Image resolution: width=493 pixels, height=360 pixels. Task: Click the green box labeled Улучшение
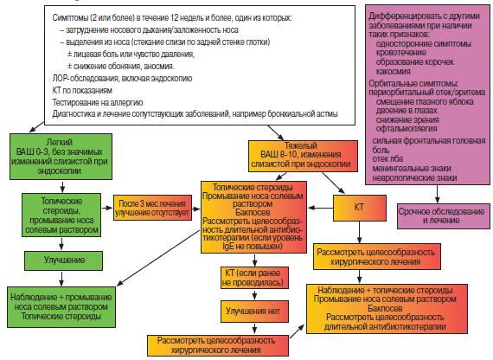[x=63, y=260]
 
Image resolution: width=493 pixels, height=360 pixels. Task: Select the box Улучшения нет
[x=254, y=312]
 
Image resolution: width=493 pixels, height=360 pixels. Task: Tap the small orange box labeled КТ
[x=360, y=208]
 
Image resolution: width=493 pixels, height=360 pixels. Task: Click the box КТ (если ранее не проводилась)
[x=254, y=278]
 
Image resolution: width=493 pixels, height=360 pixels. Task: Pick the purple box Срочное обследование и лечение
[x=444, y=215]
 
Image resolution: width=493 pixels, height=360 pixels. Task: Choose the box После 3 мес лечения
[x=152, y=208]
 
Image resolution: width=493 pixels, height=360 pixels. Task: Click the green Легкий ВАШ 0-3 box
[x=61, y=157]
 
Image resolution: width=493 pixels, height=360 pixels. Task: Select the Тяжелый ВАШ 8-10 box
[x=303, y=156]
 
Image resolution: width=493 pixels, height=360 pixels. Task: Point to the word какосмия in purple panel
[x=394, y=72]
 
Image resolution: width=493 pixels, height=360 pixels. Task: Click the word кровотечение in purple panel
[x=401, y=53]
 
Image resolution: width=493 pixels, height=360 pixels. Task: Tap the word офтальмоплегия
[x=407, y=129]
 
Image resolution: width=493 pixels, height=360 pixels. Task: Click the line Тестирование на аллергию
[x=98, y=103]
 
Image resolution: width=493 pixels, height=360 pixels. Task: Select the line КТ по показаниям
[x=82, y=91]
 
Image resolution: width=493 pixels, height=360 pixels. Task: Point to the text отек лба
[x=387, y=159]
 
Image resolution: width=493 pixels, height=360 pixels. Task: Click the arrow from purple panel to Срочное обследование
[x=437, y=194]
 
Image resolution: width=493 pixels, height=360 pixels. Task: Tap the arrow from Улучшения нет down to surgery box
[x=254, y=328]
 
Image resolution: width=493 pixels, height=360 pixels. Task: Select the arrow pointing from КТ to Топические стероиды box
[x=320, y=208]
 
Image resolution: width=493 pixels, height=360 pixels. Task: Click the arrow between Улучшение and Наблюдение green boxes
[x=61, y=279]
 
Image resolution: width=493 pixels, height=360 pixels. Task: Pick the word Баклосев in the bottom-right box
[x=385, y=308]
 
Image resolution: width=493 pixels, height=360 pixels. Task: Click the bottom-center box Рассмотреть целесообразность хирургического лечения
[x=218, y=345]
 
